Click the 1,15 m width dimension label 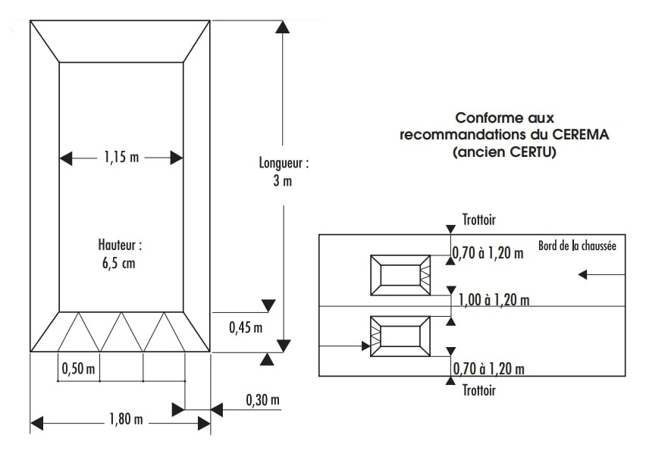click(121, 158)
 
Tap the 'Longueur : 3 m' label click(284, 172)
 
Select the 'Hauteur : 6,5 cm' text click(120, 254)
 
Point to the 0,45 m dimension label click(245, 327)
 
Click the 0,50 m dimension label click(79, 369)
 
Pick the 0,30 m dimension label click(262, 399)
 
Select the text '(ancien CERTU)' click(504, 152)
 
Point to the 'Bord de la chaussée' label click(577, 246)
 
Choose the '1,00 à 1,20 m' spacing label click(494, 300)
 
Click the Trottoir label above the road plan click(478, 220)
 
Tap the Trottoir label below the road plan click(478, 390)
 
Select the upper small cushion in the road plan click(400, 274)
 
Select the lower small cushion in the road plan click(400, 336)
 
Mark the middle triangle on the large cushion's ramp click(121, 331)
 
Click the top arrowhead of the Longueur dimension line click(283, 27)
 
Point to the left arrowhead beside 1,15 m click(67, 158)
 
